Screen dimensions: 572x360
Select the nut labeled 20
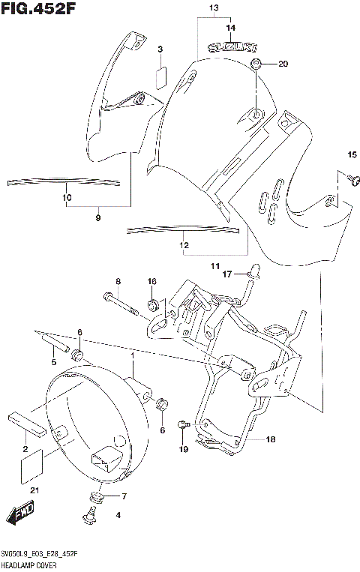point(256,64)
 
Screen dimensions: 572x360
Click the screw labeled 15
point(355,178)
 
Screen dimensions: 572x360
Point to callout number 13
point(213,8)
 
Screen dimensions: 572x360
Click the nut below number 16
point(153,305)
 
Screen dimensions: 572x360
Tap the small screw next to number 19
point(182,425)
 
